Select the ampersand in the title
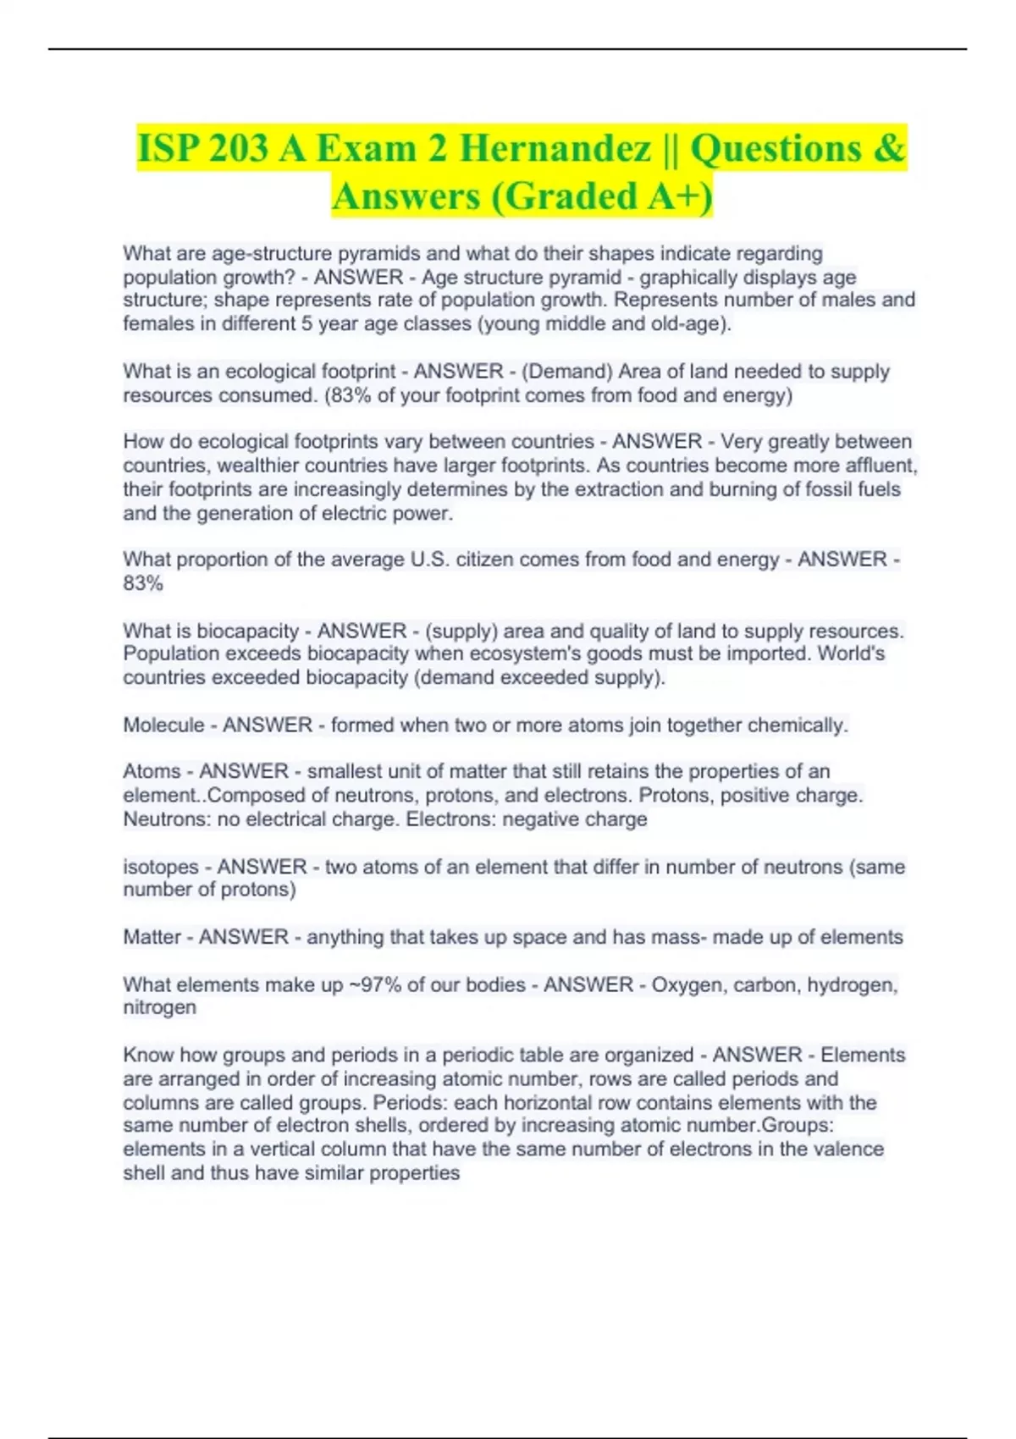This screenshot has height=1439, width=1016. tap(886, 148)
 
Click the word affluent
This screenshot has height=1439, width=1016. tap(881, 466)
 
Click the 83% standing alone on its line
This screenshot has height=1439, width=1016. tap(143, 583)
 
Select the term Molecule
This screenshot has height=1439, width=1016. tap(163, 725)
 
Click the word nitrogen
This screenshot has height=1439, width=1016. tap(159, 1007)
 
